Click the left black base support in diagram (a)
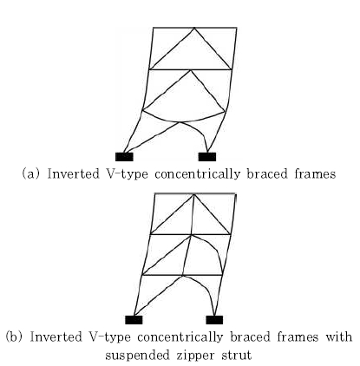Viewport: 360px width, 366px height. tap(124, 157)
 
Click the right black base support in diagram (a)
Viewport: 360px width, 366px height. tap(207, 157)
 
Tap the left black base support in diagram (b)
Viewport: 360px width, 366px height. tap(134, 320)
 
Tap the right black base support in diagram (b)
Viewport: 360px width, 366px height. tap(214, 320)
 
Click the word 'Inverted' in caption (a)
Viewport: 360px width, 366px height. tap(73, 173)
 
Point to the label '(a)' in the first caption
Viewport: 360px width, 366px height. tap(30, 174)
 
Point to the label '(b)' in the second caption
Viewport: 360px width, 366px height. tap(14, 337)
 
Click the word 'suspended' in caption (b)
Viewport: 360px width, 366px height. tap(137, 356)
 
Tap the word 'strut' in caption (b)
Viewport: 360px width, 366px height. tap(237, 355)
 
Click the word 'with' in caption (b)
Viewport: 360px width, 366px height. tap(339, 337)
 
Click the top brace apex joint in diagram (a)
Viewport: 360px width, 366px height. tap(194, 28)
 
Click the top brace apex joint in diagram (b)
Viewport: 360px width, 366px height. tap(194, 193)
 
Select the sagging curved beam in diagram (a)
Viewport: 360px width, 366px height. tap(183, 121)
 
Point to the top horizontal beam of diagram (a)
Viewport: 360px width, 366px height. tap(194, 28)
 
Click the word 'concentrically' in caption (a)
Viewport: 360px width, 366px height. tap(197, 174)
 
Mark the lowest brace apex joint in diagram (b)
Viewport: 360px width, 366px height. tap(183, 276)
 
